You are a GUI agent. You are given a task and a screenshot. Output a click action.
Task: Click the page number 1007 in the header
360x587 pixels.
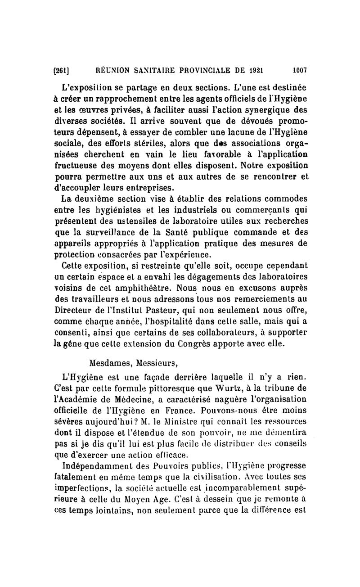point(299,70)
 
